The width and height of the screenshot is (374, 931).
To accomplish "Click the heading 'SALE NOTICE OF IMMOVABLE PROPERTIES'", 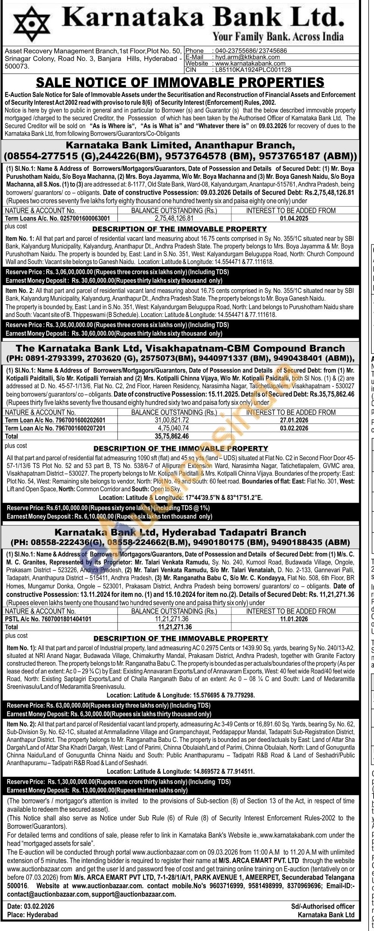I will tap(180, 82).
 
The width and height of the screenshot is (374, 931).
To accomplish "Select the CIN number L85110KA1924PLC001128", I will tap(253, 70).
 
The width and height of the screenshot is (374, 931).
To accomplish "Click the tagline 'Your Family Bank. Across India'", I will tap(278, 37).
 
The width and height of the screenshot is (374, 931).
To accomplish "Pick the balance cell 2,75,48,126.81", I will tap(174, 219).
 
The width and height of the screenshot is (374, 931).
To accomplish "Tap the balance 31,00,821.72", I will tap(172, 420).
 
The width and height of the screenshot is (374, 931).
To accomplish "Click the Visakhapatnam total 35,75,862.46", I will tap(172, 436).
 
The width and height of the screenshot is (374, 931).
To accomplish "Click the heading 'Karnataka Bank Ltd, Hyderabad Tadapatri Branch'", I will tap(180, 533).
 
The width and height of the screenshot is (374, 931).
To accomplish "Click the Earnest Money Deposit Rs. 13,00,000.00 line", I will tap(97, 790).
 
